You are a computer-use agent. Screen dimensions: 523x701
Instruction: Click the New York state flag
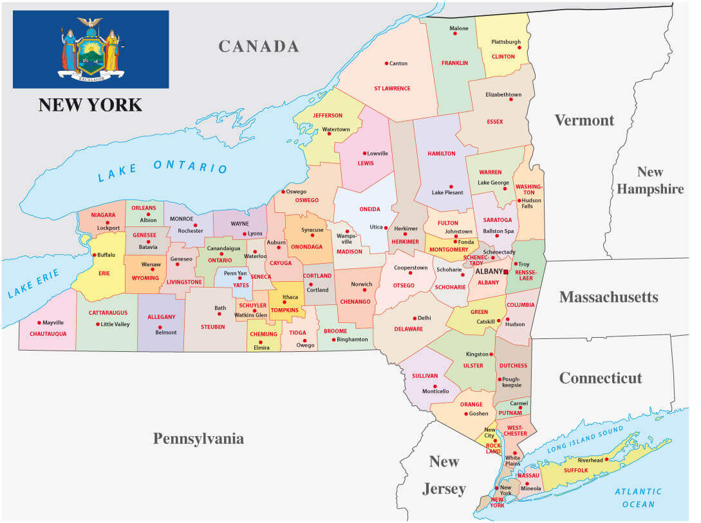pos(91,50)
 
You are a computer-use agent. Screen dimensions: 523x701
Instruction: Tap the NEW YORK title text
pos(90,104)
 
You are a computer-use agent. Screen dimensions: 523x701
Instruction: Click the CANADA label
pos(258,46)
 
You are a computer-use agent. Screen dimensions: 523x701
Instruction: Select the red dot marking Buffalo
pos(95,255)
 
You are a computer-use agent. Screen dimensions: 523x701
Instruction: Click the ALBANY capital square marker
pos(506,272)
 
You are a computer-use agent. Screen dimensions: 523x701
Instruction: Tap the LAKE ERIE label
pos(33,284)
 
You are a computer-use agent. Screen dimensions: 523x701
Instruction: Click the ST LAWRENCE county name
pos(392,88)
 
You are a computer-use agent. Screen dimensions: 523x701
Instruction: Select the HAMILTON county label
pos(442,154)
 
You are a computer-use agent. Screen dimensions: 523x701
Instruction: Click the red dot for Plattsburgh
pos(519,47)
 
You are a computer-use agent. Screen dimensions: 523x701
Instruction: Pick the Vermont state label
pos(584,120)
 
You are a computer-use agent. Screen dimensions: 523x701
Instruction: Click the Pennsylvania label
pos(198,439)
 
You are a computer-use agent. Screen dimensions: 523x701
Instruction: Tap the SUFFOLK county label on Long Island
pos(576,470)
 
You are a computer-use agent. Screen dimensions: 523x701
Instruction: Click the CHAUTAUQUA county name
pos(48,334)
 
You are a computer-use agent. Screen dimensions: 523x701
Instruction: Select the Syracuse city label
pos(312,230)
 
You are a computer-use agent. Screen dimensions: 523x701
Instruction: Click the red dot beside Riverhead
pos(606,460)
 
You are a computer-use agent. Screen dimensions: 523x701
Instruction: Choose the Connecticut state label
pos(600,378)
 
